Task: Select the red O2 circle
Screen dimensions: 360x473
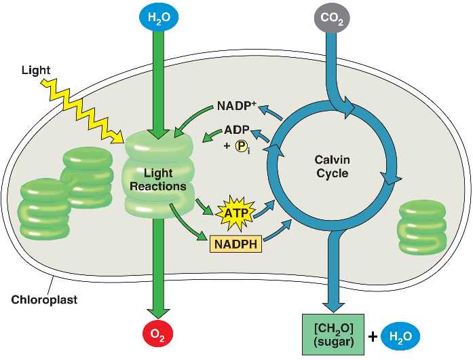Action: point(159,335)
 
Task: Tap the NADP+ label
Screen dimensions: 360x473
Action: point(236,107)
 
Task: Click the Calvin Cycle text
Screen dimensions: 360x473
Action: point(331,166)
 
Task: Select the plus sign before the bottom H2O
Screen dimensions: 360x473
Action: point(371,336)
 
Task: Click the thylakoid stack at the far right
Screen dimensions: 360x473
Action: point(421,228)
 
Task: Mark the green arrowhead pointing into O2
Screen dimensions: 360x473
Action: point(159,312)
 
